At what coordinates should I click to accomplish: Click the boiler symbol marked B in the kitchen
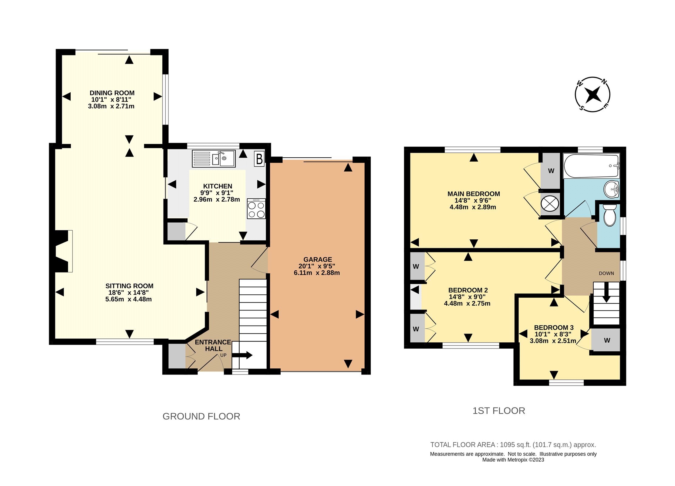click(x=259, y=159)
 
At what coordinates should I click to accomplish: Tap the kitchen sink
click(x=224, y=159)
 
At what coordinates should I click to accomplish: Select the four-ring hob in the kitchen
click(x=256, y=209)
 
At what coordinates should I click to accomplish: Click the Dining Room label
click(x=112, y=93)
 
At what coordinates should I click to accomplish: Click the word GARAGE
click(x=318, y=259)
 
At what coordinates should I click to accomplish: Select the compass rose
click(x=592, y=94)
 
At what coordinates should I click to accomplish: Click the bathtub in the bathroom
click(x=591, y=166)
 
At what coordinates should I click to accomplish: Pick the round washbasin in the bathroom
click(x=611, y=189)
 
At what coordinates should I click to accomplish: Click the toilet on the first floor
click(x=610, y=215)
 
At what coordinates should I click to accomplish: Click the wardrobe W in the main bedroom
click(x=551, y=171)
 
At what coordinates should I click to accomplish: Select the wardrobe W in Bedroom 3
click(x=607, y=341)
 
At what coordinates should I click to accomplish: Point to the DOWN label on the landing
click(x=606, y=273)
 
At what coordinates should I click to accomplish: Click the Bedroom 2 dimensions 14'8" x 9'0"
click(x=467, y=297)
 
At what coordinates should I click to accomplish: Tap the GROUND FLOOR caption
click(x=201, y=416)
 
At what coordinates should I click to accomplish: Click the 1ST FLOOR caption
click(x=498, y=411)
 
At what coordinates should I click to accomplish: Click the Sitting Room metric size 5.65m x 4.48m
click(x=128, y=299)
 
